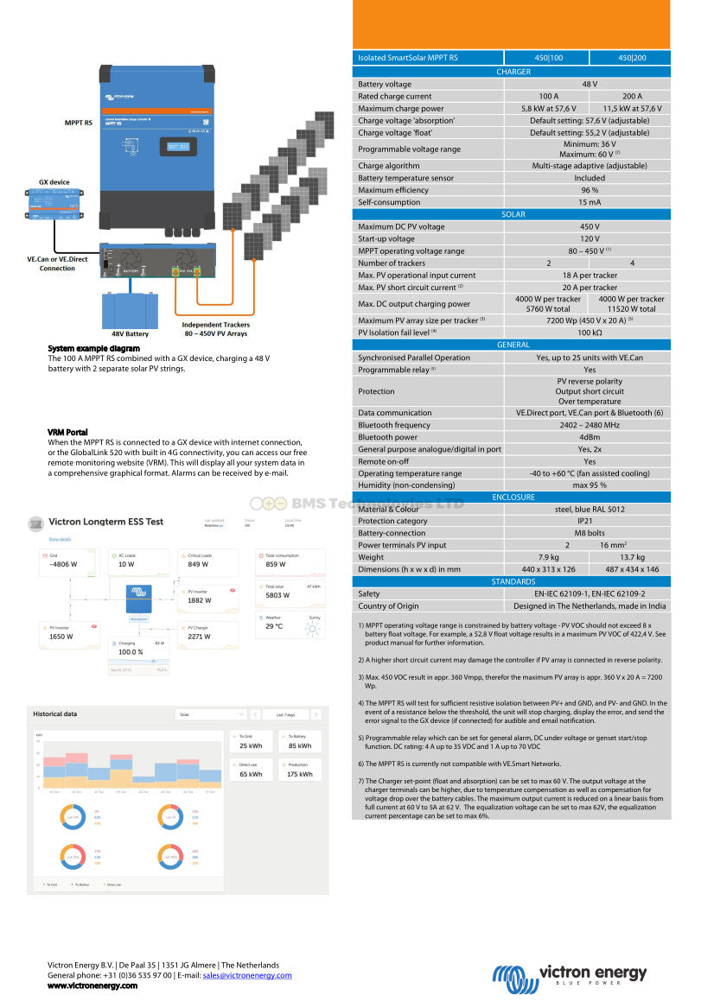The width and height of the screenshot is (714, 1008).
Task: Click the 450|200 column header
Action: (x=632, y=58)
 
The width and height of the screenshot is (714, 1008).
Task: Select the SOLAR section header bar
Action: (x=513, y=214)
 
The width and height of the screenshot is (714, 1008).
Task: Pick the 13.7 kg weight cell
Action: (x=632, y=557)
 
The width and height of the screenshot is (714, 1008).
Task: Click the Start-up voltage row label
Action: (x=386, y=238)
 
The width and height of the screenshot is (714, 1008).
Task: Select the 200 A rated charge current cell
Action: (x=632, y=97)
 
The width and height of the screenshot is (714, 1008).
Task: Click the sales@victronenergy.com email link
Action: (x=247, y=975)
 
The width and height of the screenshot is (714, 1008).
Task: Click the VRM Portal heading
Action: (x=67, y=432)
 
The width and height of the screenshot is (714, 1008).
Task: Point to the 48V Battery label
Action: (x=130, y=333)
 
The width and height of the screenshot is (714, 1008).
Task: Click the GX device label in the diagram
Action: (x=54, y=182)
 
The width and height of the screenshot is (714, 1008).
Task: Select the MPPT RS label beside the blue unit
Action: (x=79, y=124)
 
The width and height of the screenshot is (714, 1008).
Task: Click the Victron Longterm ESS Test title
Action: (x=106, y=522)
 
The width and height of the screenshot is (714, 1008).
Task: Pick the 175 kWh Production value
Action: (x=300, y=774)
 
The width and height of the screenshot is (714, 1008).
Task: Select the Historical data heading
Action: (x=55, y=714)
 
